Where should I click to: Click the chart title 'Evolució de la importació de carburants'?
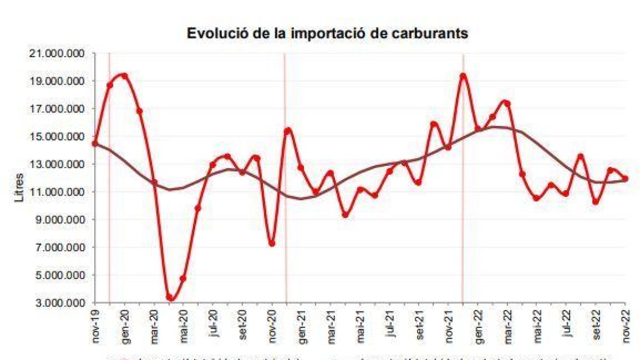[327, 34]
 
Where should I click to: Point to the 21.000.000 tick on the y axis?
[58, 54]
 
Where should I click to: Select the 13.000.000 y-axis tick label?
[58, 164]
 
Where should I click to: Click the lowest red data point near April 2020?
[170, 298]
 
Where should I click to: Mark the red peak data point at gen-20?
[124, 76]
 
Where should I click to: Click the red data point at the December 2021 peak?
[463, 76]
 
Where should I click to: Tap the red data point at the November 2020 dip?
[271, 243]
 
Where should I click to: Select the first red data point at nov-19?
[95, 143]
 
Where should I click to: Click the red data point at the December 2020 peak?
[287, 131]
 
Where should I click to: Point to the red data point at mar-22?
[507, 103]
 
